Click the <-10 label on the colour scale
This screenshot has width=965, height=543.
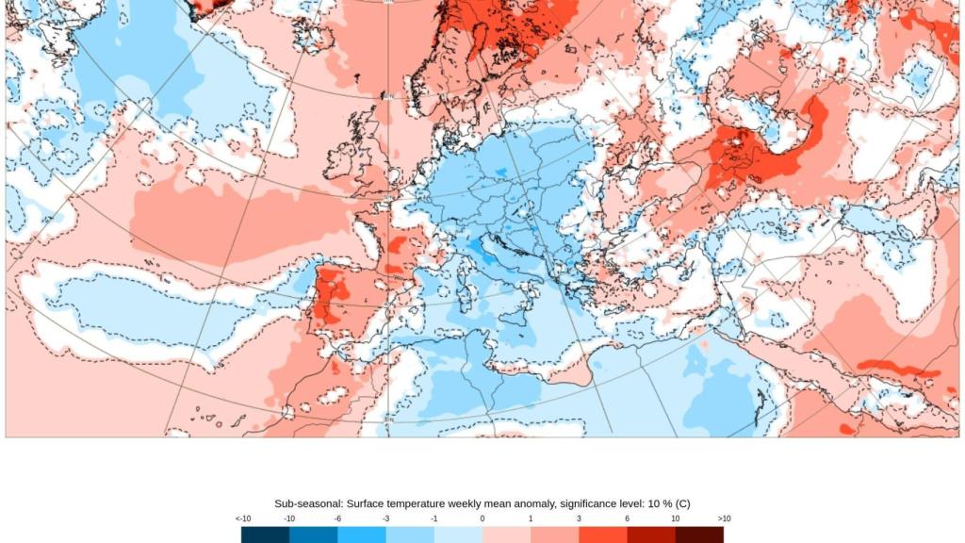242,518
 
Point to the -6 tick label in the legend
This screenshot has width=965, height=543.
338,518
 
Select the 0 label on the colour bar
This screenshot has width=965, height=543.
482,518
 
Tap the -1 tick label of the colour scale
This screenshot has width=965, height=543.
434,518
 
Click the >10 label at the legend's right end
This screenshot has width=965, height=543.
723,518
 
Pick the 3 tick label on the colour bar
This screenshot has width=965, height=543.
579,518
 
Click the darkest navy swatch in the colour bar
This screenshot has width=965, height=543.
266,535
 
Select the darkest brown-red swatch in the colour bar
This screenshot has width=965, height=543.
699,535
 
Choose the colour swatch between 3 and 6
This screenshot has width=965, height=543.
603,535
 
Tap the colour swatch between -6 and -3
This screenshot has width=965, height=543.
363,535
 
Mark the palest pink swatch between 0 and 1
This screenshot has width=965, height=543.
507,535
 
